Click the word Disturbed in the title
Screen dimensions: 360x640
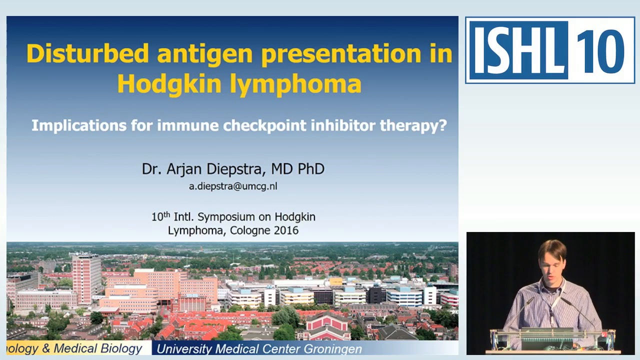coord(87,53)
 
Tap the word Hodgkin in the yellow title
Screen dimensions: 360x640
coord(169,83)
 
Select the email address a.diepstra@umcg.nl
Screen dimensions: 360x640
coord(233,186)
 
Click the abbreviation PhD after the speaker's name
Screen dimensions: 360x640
coord(311,169)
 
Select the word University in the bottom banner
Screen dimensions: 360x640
coord(183,348)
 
